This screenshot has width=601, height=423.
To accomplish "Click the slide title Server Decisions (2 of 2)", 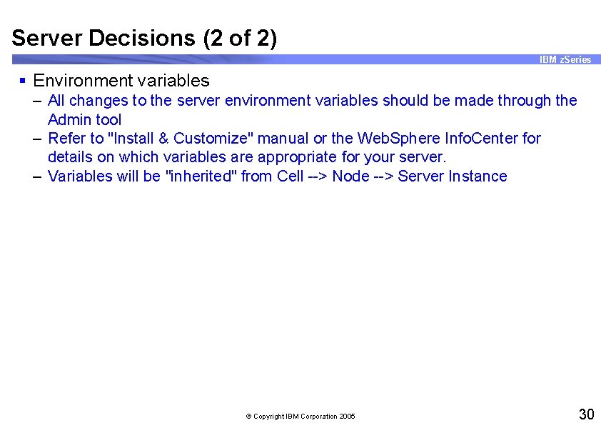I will point(144,37).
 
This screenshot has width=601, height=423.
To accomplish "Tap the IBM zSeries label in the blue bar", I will point(565,59).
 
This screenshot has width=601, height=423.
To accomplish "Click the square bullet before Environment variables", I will point(23,80).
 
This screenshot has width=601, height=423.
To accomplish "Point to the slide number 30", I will point(586,414).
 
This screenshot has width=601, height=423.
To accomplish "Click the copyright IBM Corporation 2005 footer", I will point(300,416).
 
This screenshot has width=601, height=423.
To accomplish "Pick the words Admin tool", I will point(84,120).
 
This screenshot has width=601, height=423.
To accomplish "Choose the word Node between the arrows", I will point(350,176).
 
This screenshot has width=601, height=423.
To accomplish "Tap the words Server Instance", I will point(453,176).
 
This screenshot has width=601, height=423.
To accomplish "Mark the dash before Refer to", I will point(37,138).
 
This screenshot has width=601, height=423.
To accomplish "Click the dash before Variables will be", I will point(37,176).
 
